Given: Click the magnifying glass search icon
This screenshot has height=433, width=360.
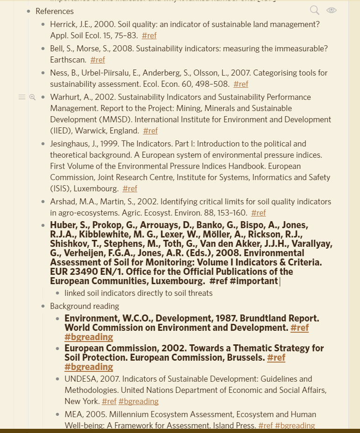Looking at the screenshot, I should [x=315, y=10].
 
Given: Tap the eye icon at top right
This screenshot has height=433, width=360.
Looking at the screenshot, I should [x=332, y=10].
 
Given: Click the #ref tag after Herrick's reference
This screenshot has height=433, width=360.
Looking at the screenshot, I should [x=149, y=35].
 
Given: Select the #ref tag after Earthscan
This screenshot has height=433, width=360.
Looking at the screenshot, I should [x=98, y=60].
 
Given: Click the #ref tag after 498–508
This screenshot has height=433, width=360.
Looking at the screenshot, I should [x=241, y=84].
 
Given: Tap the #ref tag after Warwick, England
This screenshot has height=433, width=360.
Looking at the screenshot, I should [x=150, y=131].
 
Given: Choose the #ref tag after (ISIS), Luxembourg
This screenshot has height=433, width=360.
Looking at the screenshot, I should [x=130, y=189].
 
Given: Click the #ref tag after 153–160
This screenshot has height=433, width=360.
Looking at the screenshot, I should [x=258, y=213].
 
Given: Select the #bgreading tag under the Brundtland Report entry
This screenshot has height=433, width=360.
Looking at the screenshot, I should [x=89, y=337].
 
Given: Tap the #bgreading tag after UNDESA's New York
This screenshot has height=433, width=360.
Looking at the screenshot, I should [x=139, y=401].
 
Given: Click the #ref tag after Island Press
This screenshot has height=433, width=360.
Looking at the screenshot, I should [x=266, y=426].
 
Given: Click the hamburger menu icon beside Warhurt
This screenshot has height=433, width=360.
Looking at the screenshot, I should [x=22, y=97].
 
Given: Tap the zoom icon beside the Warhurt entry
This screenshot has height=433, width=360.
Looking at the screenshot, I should [x=32, y=97].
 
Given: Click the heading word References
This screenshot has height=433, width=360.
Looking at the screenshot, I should [x=55, y=11].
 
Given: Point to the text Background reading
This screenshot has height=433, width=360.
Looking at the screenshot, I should [x=85, y=306].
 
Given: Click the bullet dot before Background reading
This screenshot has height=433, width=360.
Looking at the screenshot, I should [x=43, y=306].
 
